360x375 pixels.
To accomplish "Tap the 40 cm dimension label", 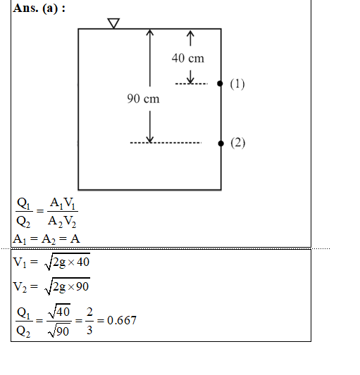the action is pyautogui.click(x=188, y=58).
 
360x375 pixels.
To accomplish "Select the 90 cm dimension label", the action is pyautogui.click(x=143, y=98).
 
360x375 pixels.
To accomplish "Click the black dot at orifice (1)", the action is pyautogui.click(x=220, y=84).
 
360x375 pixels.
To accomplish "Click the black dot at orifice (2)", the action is pyautogui.click(x=221, y=144).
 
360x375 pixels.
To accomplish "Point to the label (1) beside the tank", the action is pyautogui.click(x=237, y=84).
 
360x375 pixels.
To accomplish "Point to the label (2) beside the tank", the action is pyautogui.click(x=238, y=143).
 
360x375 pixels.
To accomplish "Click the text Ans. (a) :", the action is pyautogui.click(x=39, y=8).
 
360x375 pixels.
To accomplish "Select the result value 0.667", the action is pyautogui.click(x=122, y=320).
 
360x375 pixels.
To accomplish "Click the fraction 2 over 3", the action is pyautogui.click(x=89, y=321).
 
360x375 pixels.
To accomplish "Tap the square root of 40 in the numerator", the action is pyautogui.click(x=59, y=311).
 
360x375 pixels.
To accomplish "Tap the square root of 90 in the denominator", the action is pyautogui.click(x=59, y=331).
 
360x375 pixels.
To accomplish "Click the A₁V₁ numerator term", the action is pyautogui.click(x=63, y=204).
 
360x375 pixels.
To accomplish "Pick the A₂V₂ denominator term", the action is pyautogui.click(x=62, y=222).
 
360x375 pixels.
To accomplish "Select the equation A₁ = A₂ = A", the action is pyautogui.click(x=46, y=239).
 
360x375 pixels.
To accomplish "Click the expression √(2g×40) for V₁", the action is pyautogui.click(x=68, y=262).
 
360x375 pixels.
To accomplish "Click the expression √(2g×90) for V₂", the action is pyautogui.click(x=68, y=286).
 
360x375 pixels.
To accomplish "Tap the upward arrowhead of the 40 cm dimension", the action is pyautogui.click(x=190, y=34).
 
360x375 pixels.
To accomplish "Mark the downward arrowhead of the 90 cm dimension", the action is pyautogui.click(x=150, y=139).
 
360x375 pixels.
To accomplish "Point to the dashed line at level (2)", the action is pyautogui.click(x=166, y=143).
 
